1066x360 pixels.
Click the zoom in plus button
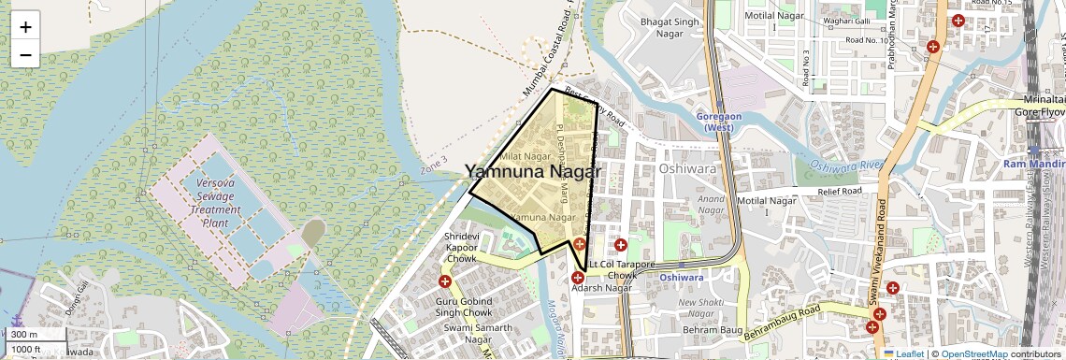[25, 26]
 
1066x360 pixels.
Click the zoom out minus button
[25, 54]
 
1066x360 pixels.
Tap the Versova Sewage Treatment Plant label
[216, 196]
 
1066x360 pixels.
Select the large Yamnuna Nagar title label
[533, 172]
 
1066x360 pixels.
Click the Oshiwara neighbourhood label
[686, 169]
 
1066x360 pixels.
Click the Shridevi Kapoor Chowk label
[461, 248]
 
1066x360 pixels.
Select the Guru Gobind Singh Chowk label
[467, 308]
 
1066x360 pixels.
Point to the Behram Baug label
[712, 330]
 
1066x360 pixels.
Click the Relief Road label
[838, 191]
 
